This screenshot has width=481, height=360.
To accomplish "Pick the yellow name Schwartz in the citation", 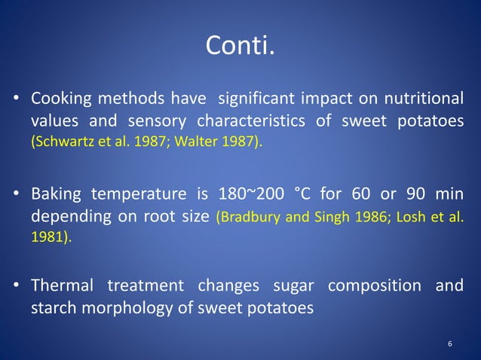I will pos(60,142).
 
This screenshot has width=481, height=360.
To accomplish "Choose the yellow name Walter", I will pos(192,142).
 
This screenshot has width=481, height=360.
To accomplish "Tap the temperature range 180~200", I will pos(246,194).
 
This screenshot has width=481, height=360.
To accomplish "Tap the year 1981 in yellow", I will pos(47,236).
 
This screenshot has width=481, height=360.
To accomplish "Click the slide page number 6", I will pos(450,344).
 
